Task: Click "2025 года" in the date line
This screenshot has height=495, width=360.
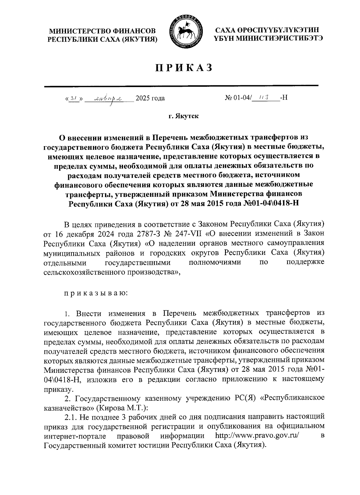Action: click(150, 98)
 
